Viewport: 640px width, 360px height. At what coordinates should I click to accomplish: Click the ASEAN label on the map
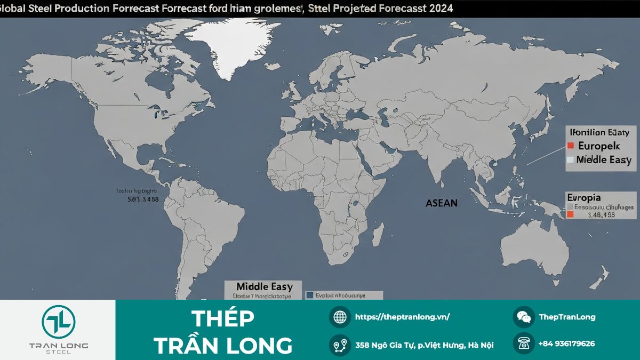pyautogui.click(x=441, y=203)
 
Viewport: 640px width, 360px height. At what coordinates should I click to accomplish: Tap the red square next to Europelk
pyautogui.click(x=570, y=146)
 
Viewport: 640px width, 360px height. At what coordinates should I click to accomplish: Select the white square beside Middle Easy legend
pyautogui.click(x=570, y=159)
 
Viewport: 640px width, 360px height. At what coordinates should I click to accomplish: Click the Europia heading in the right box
pyautogui.click(x=583, y=197)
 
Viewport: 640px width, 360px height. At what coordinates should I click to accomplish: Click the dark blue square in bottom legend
pyautogui.click(x=310, y=294)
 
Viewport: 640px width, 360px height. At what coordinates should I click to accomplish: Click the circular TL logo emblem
pyautogui.click(x=58, y=322)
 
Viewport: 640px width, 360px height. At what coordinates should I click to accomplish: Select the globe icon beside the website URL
pyautogui.click(x=340, y=317)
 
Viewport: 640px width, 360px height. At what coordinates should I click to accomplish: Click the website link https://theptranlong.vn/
pyautogui.click(x=402, y=317)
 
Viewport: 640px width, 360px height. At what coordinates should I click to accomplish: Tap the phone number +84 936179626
pyautogui.click(x=566, y=344)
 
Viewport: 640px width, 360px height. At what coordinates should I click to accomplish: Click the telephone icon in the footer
pyautogui.click(x=524, y=344)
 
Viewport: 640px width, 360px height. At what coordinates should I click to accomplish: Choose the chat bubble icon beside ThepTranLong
pyautogui.click(x=524, y=317)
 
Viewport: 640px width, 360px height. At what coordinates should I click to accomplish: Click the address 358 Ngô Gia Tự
pyautogui.click(x=424, y=345)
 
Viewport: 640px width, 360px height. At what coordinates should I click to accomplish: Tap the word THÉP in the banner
pyautogui.click(x=222, y=319)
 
